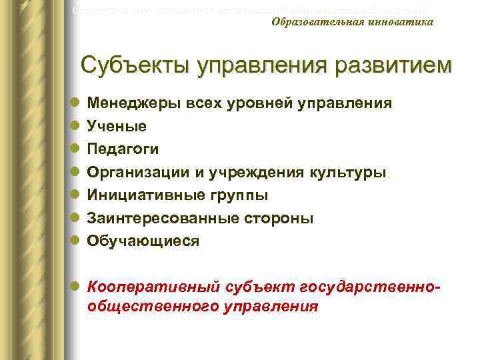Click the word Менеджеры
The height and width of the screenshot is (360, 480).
[x=131, y=103]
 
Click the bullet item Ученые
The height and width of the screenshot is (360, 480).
[x=117, y=126]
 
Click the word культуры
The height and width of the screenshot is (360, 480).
[x=349, y=172]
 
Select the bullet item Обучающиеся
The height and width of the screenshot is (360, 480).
[x=143, y=241]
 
